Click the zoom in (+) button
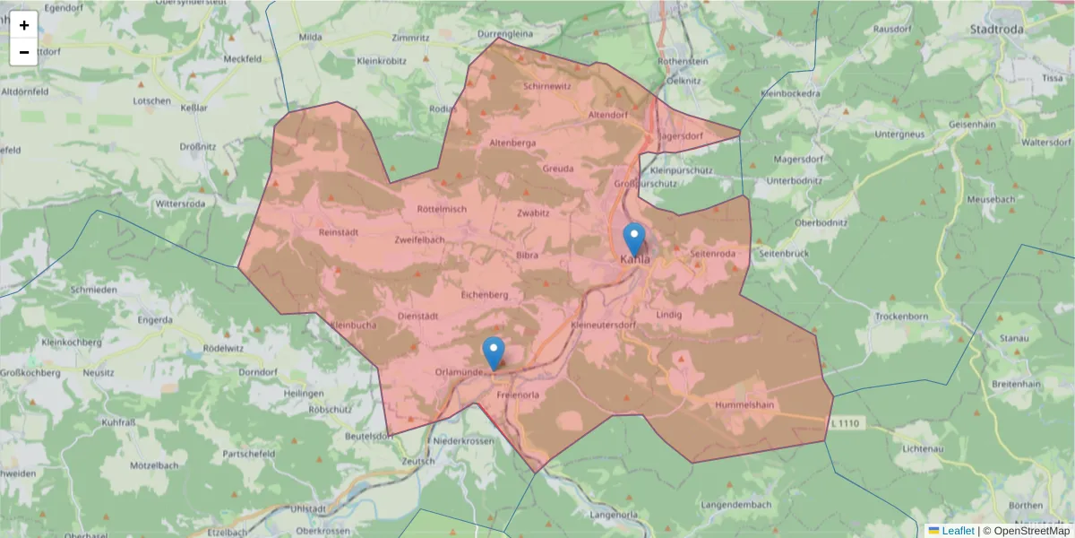pyautogui.click(x=24, y=25)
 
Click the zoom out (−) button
pyautogui.click(x=24, y=52)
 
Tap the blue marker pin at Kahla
pyautogui.click(x=634, y=239)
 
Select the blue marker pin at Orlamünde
pyautogui.click(x=494, y=353)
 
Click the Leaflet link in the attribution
pyautogui.click(x=958, y=531)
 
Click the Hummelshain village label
pyautogui.click(x=744, y=405)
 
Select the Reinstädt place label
pyautogui.click(x=338, y=232)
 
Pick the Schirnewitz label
pyautogui.click(x=546, y=86)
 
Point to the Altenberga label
pyautogui.click(x=513, y=143)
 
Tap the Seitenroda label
pyautogui.click(x=713, y=254)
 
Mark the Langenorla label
pyautogui.click(x=615, y=515)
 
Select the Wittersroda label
pyautogui.click(x=180, y=204)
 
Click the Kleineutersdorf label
pyautogui.click(x=601, y=325)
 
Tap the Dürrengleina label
pyautogui.click(x=505, y=33)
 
